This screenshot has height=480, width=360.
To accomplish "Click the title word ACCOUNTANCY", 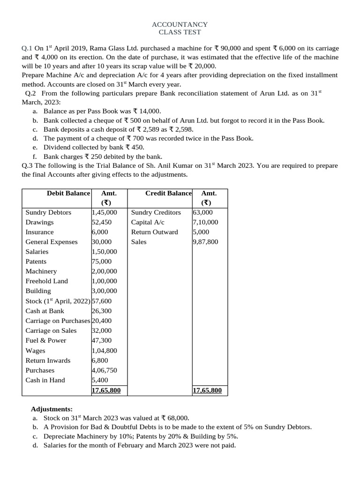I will [x=180, y=24].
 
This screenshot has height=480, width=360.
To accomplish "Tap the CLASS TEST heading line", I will [x=180, y=32].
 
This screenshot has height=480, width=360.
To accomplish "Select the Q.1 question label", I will [x=27, y=49].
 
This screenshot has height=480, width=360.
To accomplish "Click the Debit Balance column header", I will [x=68, y=193].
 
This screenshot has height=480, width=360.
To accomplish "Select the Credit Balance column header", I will [x=168, y=193].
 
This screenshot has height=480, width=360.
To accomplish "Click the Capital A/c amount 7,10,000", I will [x=205, y=222].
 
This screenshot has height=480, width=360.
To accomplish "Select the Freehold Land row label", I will [x=46, y=281].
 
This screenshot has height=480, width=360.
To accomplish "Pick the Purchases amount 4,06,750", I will [x=105, y=370].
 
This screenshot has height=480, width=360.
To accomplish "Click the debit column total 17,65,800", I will [x=106, y=390].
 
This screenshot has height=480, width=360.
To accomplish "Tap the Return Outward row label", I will [x=154, y=232].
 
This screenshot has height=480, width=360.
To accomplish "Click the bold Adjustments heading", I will [x=52, y=409].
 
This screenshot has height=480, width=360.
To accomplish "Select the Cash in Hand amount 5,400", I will [x=100, y=380].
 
